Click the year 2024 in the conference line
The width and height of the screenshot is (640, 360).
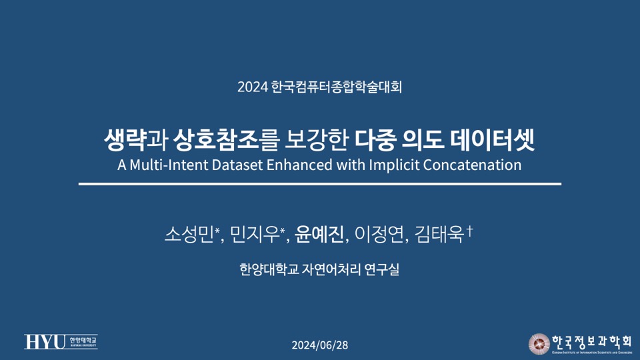(252, 87)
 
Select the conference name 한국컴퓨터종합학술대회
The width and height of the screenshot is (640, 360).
(336, 87)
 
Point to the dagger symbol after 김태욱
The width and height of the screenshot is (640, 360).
(470, 230)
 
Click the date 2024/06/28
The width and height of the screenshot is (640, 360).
(320, 345)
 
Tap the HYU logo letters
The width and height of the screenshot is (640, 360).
(44, 342)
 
